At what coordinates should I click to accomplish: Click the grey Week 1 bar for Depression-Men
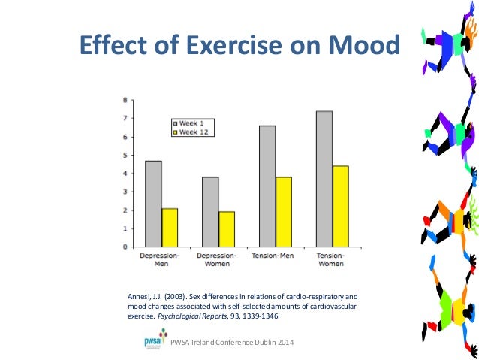pos(153,204)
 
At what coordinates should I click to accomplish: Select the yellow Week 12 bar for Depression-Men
pos(170,228)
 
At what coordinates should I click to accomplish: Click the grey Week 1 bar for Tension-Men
pos(267,186)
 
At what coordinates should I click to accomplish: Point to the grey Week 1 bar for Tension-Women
pos(324,179)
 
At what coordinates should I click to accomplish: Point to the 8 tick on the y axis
pos(124,100)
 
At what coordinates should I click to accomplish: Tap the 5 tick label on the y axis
pos(124,156)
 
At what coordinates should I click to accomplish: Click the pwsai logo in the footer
pos(155,342)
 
